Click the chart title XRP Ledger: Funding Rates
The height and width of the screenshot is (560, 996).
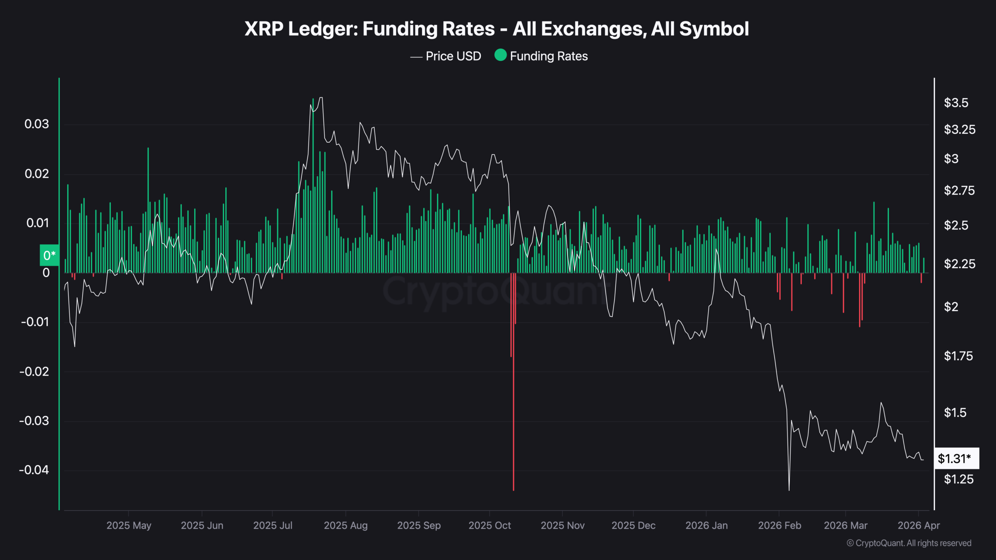[x=496, y=29]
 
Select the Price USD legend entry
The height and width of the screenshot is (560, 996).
[x=453, y=56]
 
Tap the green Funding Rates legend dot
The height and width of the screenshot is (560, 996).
[x=500, y=55]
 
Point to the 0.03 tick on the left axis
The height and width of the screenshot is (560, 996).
[x=37, y=124]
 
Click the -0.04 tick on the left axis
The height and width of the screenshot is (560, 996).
[x=34, y=470]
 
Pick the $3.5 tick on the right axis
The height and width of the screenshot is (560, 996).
[x=956, y=103]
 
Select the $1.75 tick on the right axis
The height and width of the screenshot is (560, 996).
[x=958, y=356]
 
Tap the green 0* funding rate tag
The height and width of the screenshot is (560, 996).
[x=49, y=255]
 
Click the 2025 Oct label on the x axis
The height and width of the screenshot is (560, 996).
[x=489, y=526]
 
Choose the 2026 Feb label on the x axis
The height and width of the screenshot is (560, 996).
[x=779, y=526]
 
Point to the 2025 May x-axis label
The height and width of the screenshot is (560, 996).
[x=129, y=526]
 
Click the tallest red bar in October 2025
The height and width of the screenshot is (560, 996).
[x=514, y=389]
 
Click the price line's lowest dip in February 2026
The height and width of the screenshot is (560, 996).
[x=789, y=490]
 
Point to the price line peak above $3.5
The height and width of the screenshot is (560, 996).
[x=321, y=98]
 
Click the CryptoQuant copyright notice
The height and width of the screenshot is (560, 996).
[x=909, y=543]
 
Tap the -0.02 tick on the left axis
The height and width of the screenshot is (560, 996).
[x=34, y=372]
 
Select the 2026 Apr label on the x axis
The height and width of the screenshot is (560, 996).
[x=919, y=526]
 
